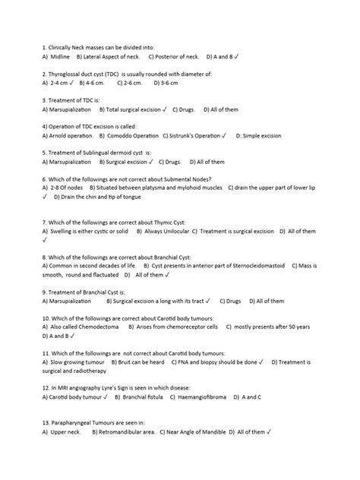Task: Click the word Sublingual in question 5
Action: coord(103,152)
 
